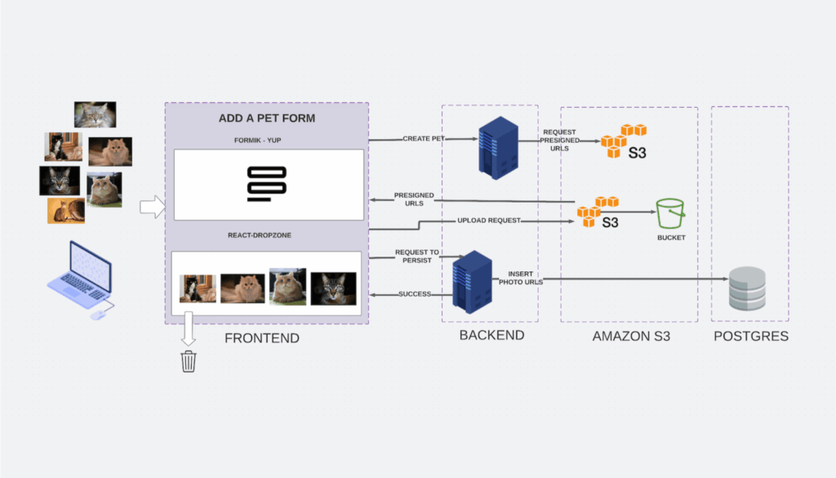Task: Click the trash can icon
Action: [x=189, y=361]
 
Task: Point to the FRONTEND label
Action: [x=261, y=337]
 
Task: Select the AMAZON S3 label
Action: [x=630, y=335]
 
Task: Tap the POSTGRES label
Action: [x=750, y=335]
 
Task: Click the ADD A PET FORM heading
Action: [x=267, y=118]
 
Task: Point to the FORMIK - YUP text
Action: [x=267, y=141]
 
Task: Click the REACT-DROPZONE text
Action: [x=267, y=235]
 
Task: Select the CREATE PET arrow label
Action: [x=424, y=139]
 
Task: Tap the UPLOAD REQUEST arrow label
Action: [x=488, y=221]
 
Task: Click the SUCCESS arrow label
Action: [x=415, y=294]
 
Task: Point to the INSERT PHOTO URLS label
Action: [x=520, y=278]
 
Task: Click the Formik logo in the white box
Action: [x=267, y=184]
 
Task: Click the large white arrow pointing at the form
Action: [x=152, y=207]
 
